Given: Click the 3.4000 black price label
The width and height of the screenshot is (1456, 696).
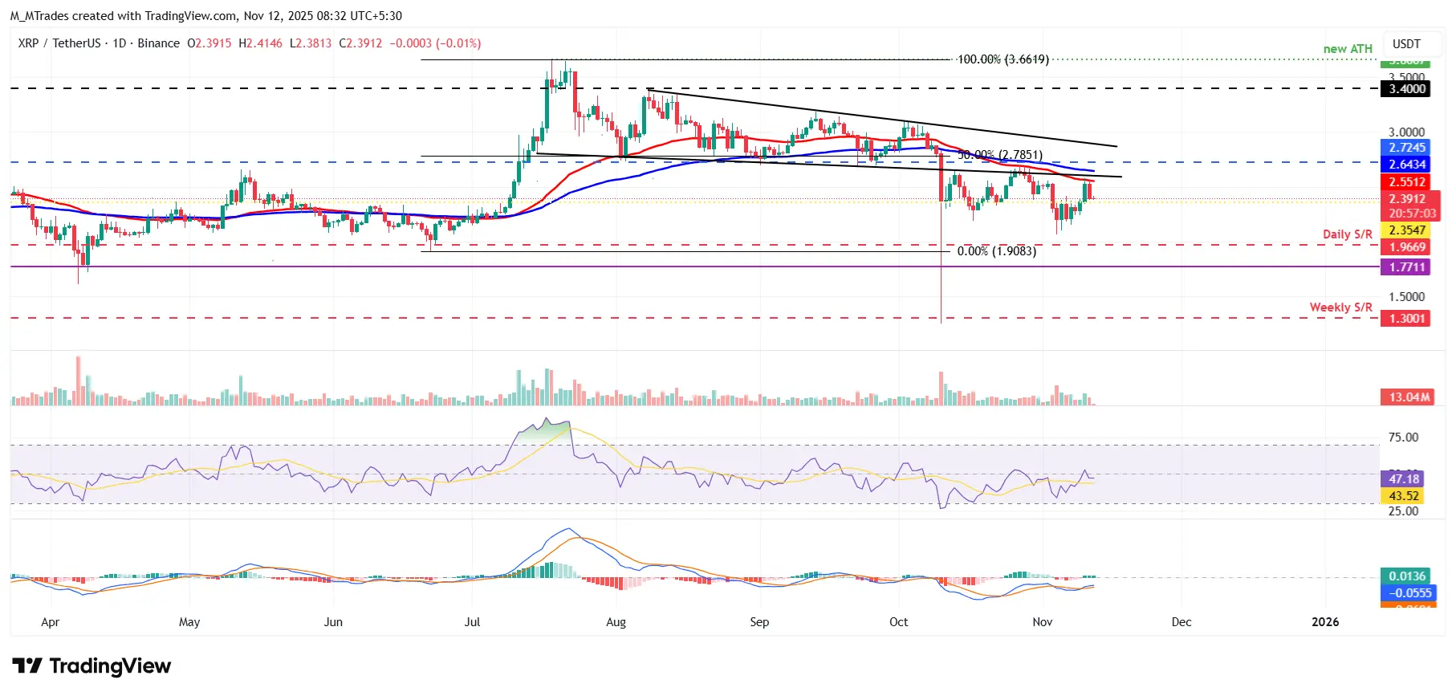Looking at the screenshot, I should click(1407, 89).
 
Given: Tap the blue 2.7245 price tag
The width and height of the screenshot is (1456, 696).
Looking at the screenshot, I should click(1407, 148).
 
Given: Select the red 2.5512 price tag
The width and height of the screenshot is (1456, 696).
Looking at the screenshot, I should click(1407, 182).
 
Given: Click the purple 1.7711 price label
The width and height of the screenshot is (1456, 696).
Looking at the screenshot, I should click(1407, 267).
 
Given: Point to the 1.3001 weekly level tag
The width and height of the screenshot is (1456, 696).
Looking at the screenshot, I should click(1407, 319).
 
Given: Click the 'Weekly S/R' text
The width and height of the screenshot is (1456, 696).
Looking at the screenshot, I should click(1340, 307).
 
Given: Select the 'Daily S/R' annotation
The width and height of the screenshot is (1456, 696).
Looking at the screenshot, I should click(1347, 234).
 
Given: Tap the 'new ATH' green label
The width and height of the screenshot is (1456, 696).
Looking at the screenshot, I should click(1348, 49).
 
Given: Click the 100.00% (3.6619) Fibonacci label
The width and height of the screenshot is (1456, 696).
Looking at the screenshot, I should click(1003, 59).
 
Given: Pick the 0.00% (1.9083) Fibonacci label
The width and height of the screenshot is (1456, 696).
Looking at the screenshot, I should click(996, 251).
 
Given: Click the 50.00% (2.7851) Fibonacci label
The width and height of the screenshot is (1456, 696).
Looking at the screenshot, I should click(1000, 155).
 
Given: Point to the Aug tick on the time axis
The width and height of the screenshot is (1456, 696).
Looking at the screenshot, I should click(616, 622).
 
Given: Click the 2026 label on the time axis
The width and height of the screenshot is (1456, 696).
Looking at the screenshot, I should click(1324, 622).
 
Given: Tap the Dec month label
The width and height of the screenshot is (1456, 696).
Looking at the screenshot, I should click(1181, 622).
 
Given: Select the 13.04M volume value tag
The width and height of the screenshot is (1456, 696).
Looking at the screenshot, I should click(1409, 397).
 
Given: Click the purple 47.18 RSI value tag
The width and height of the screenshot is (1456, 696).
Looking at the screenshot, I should click(1404, 479).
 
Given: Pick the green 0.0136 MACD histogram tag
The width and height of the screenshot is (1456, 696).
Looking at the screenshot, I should click(1407, 576).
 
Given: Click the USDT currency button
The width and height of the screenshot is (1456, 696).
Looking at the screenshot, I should click(1405, 44).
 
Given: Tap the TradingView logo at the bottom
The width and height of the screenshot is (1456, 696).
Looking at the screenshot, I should click(92, 666).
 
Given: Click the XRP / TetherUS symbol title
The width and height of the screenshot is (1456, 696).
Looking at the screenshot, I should click(59, 43).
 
